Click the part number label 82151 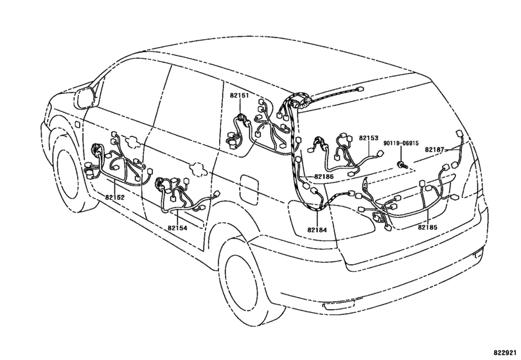point(239,95)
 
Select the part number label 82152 point(114,197)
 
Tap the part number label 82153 point(369,138)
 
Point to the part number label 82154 point(177,228)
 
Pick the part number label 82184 point(317,230)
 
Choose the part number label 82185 point(428,228)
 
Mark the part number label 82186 point(324,177)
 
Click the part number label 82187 point(435,150)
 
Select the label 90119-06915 point(401,143)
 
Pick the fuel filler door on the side point(249,190)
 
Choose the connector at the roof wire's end point(359,89)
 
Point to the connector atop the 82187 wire point(459,133)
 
